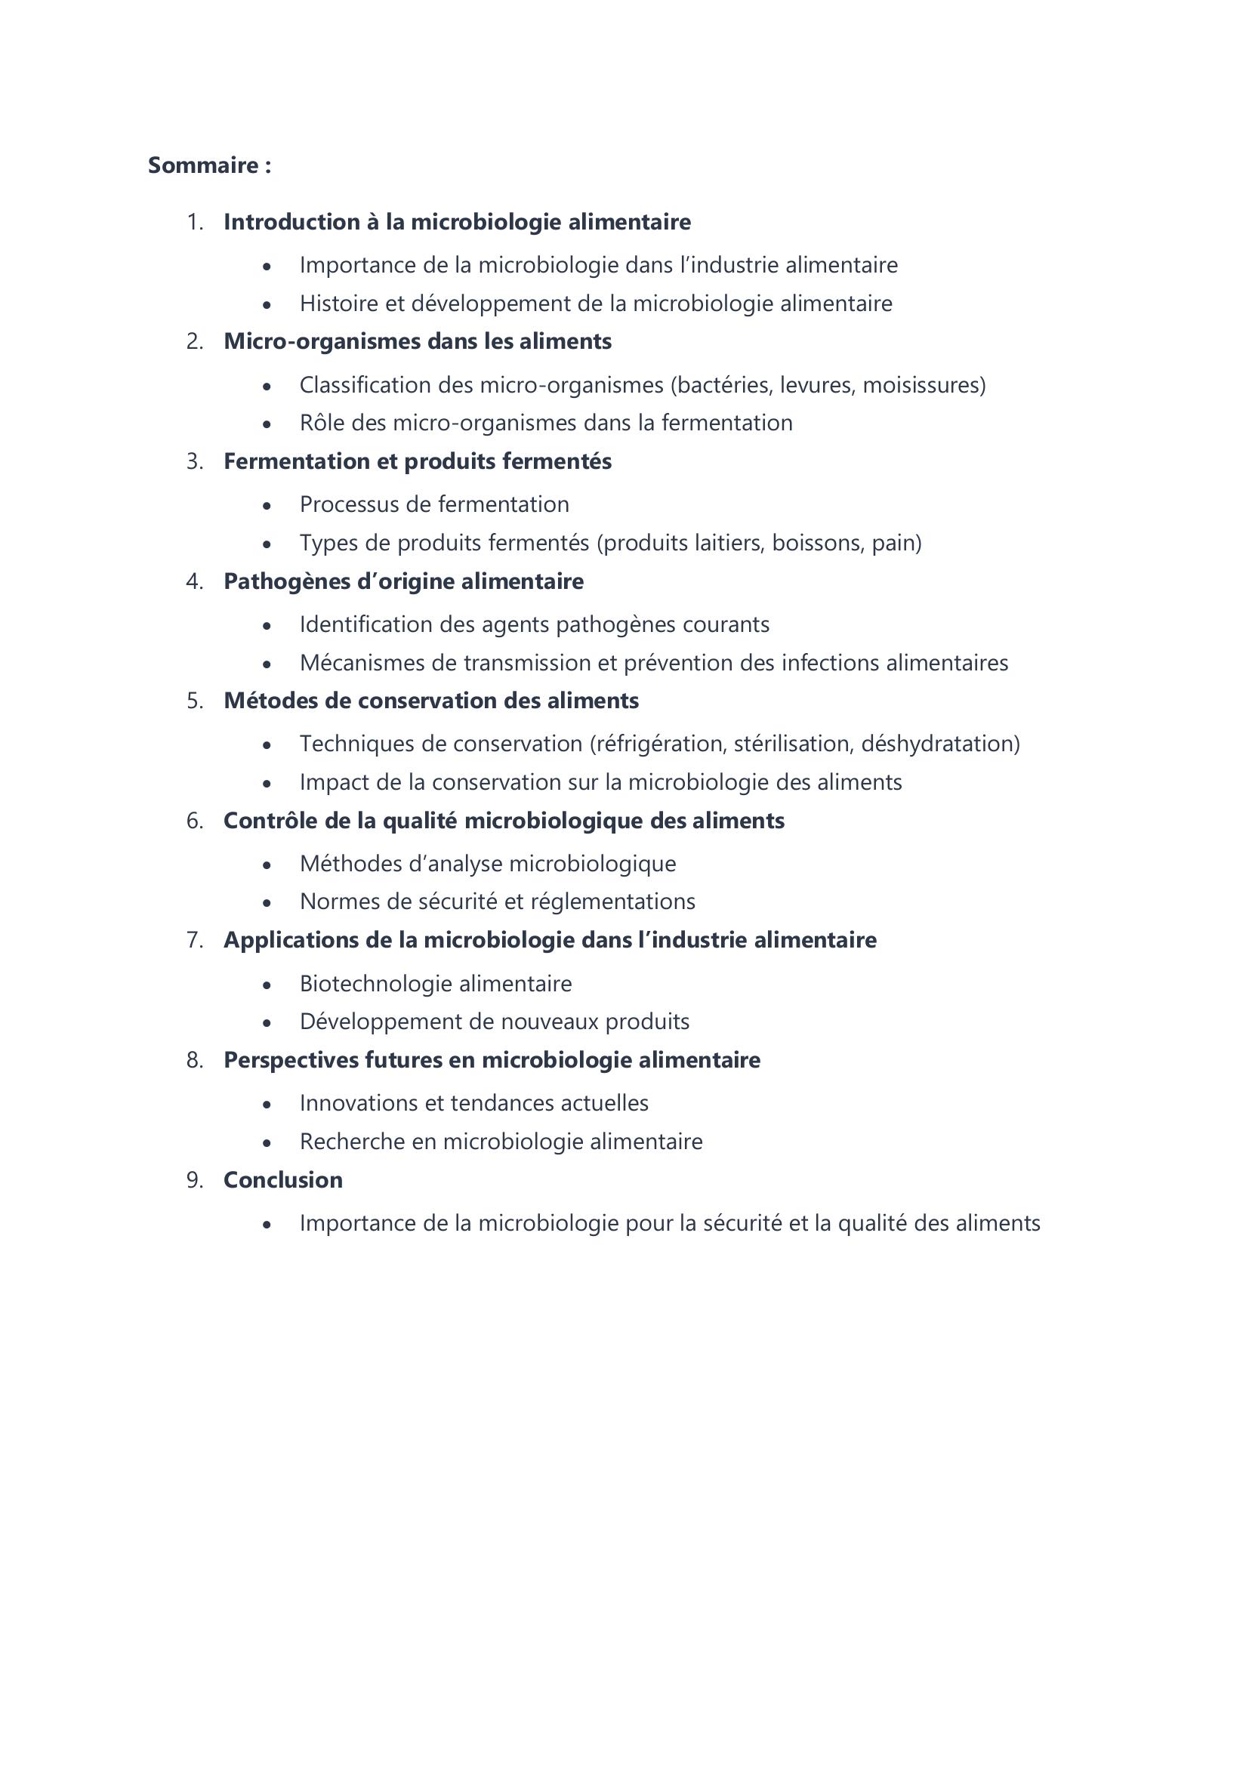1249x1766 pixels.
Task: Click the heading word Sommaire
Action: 203,165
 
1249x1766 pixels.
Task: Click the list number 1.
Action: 194,222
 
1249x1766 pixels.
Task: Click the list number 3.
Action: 194,461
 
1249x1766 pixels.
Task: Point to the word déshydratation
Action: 939,744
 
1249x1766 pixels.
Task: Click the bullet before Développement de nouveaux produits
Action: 267,1023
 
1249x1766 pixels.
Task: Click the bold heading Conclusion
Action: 283,1180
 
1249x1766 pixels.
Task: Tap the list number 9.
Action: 194,1180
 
